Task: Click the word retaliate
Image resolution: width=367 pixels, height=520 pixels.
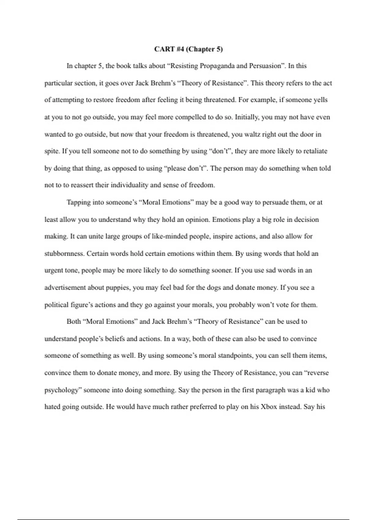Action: pyautogui.click(x=315, y=151)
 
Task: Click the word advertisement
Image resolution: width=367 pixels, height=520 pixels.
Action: pyautogui.click(x=65, y=288)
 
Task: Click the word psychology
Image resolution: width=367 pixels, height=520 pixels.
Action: pyautogui.click(x=62, y=390)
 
